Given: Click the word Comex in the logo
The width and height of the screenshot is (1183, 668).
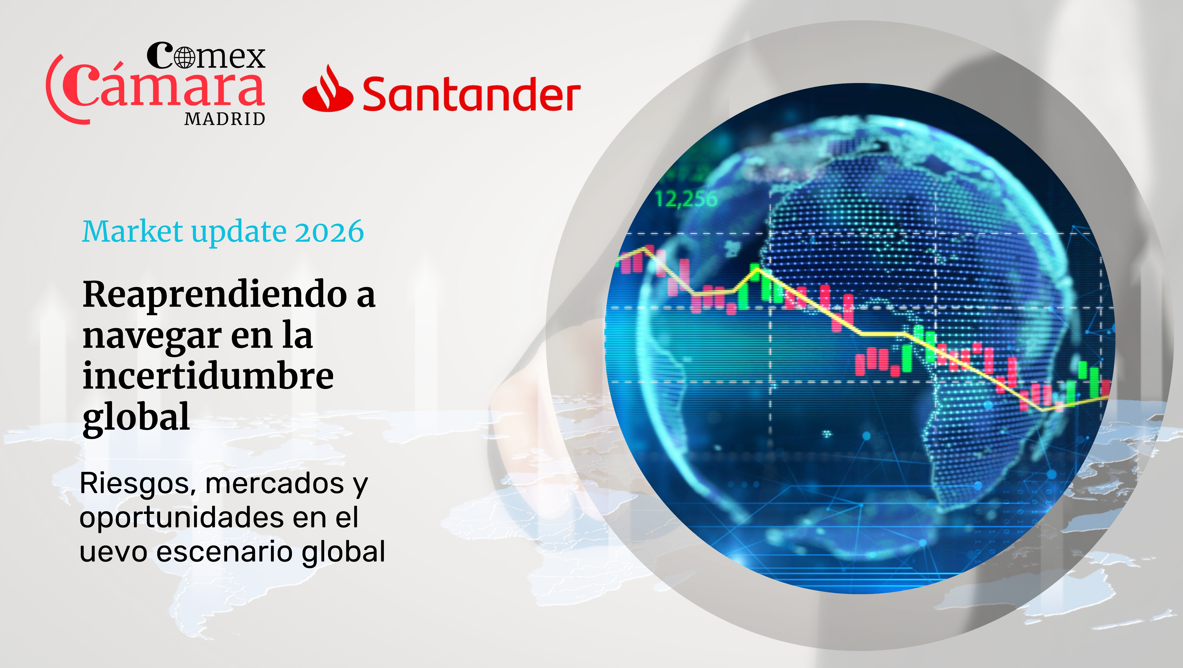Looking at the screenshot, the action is (x=206, y=56).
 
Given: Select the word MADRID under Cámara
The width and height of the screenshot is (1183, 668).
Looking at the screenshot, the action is (x=225, y=119).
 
